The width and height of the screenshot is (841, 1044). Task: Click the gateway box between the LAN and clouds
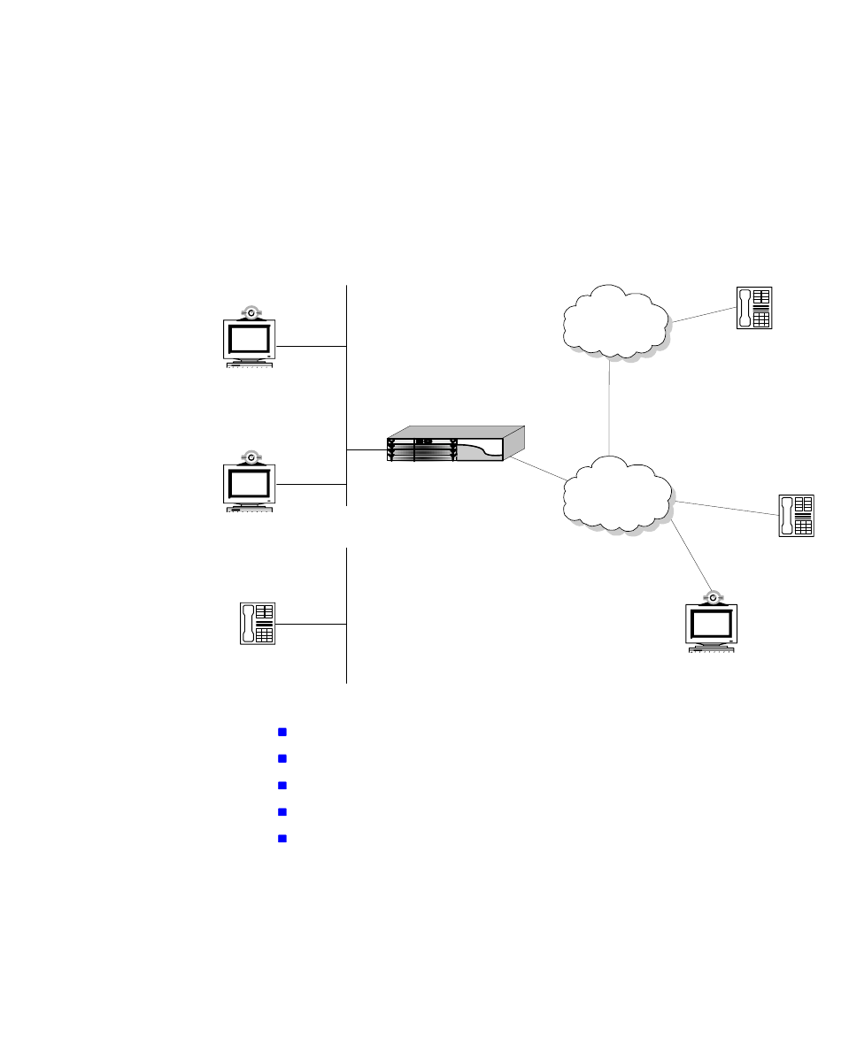point(455,445)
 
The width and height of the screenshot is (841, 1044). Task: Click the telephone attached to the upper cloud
point(754,309)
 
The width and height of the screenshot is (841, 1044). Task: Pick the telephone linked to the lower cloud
point(795,516)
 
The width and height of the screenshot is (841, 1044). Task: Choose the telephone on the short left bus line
point(258,623)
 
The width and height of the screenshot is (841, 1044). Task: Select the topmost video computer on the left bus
point(251,340)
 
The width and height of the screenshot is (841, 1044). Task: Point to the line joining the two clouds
point(610,407)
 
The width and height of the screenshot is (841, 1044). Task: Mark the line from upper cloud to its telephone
point(703,315)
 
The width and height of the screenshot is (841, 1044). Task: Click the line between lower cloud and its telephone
point(726,509)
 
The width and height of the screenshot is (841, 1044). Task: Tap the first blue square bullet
point(282,732)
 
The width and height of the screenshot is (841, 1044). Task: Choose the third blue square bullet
point(282,785)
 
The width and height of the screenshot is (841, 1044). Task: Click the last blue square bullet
point(282,838)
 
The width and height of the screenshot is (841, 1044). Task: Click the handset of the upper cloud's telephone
point(745,309)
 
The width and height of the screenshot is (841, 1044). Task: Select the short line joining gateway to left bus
point(366,450)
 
